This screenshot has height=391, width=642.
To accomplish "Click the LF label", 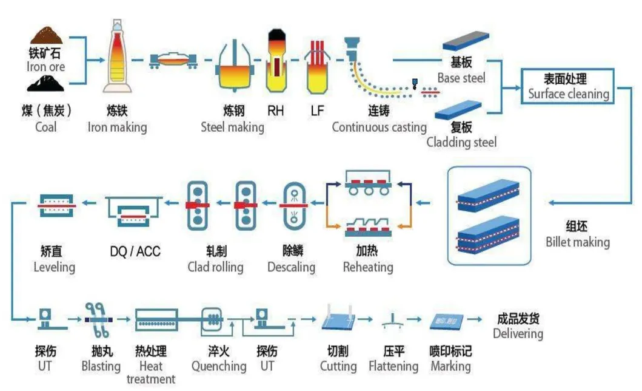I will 317,110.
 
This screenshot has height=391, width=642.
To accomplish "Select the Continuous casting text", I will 379,127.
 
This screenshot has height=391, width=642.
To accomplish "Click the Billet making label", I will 577,242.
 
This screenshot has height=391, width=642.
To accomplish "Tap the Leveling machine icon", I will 56,206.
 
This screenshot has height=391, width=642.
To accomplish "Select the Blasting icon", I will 97,319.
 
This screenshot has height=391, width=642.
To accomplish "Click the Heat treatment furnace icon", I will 160,319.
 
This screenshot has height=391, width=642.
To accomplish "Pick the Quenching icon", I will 213,319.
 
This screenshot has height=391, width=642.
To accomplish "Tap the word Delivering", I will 518,333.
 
